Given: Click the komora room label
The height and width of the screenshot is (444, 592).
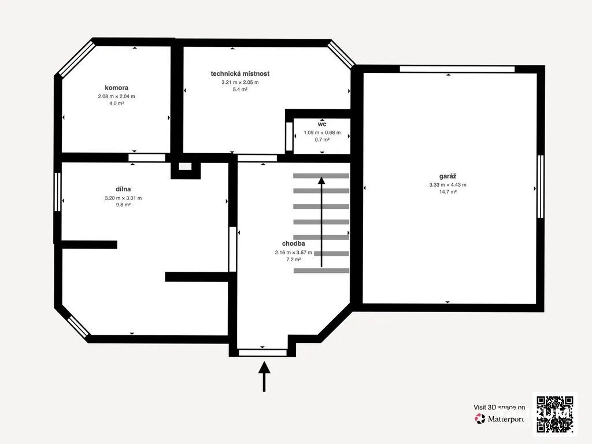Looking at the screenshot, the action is coord(116,88).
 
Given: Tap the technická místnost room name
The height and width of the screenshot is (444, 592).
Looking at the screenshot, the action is coord(240,73).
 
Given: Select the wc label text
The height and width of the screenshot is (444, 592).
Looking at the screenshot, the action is coord(322,124).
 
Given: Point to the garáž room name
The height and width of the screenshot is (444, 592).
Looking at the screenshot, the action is coord(448,176).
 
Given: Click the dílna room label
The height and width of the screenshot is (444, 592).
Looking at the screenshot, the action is coord(123,189).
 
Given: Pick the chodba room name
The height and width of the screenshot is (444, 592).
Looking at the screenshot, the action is coord(293,243).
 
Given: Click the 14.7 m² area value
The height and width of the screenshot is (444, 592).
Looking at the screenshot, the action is coord(448,192).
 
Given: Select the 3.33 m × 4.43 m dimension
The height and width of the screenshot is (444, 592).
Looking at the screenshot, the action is coord(448,184).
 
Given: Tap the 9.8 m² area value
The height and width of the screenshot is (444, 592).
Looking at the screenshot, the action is coord(123,205).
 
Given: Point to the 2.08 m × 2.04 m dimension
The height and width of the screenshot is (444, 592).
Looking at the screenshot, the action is coord(116,97).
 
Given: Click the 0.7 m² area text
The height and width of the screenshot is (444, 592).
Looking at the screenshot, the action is coord(322,140).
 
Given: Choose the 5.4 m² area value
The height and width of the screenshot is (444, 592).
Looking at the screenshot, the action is coord(240,90).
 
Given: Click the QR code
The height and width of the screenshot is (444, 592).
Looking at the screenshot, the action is coord(555,414).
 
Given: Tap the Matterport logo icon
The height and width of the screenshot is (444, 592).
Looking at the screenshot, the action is coord(480,419).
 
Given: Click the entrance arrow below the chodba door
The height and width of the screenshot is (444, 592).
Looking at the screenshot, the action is coord(264,376).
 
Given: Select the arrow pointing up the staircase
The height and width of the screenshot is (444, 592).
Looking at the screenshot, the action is coord(321,222).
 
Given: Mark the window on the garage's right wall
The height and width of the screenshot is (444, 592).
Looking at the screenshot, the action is coord(541,187).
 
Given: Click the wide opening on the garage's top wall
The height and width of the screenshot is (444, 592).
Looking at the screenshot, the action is coord(457,69).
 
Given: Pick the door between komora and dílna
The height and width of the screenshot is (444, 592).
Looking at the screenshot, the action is coord(147,158).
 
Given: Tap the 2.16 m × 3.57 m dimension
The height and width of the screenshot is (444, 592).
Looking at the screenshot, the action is coord(293,253).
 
